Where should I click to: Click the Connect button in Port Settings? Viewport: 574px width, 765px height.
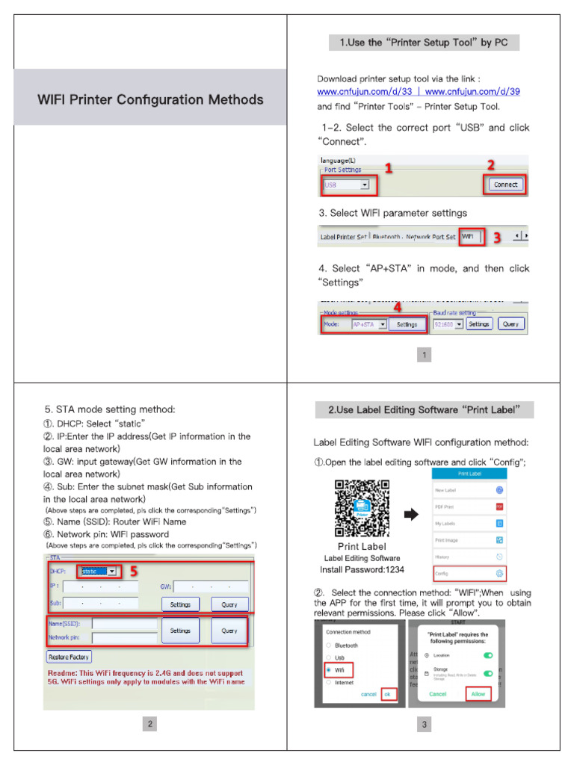pos(505,185)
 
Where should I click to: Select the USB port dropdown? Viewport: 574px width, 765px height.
pos(346,184)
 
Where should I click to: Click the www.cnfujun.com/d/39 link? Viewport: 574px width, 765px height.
pos(472,92)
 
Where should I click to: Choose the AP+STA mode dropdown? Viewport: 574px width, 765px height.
pos(369,324)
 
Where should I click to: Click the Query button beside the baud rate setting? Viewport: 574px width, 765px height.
pos(511,324)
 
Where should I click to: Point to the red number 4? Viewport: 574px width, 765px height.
pos(398,306)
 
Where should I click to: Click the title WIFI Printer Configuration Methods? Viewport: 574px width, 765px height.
pos(150,99)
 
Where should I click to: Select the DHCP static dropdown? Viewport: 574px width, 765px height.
pos(99,572)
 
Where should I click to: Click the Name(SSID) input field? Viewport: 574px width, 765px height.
pos(124,624)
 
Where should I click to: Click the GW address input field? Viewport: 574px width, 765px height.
pos(211,587)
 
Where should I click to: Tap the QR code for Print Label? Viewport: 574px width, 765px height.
pos(362,508)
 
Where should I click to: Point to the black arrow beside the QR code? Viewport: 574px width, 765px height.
pos(411,515)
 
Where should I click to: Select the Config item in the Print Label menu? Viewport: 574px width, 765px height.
pos(469,573)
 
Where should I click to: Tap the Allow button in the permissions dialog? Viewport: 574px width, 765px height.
pos(478,694)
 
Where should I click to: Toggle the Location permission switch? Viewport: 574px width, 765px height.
pos(488,655)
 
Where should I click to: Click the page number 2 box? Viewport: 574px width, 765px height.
pos(150,724)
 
